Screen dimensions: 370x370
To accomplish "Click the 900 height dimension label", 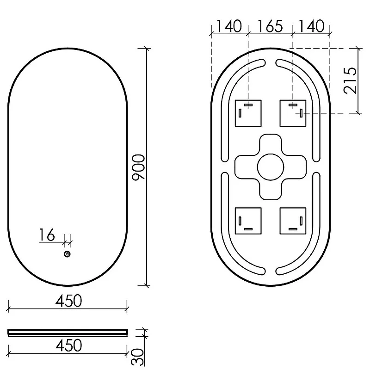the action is coord(138,168).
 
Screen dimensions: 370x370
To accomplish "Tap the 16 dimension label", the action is coord(47,235).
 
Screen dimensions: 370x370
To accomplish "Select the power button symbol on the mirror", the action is coord(67,254).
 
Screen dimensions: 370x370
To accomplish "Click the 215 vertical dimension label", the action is coord(350,80).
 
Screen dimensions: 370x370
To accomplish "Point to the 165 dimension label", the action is coord(270,26).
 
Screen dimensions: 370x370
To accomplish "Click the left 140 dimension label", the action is coord(229,26).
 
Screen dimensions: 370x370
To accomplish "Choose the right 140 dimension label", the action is coord(311,26).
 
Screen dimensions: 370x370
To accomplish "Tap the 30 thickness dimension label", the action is coord(137,357).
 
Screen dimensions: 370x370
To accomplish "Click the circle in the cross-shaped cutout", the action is coord(271,167).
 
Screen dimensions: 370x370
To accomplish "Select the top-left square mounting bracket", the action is coord(248,113).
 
